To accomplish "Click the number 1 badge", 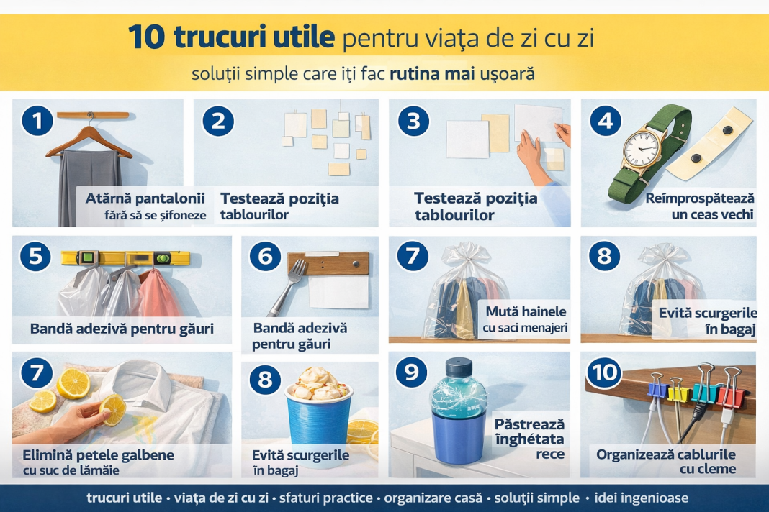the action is [x=37, y=121].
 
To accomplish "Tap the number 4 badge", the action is [x=606, y=121].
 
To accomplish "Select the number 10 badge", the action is [x=604, y=372].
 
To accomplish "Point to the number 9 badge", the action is [x=411, y=372].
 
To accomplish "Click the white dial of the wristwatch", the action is [x=641, y=149].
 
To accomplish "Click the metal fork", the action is [x=287, y=288].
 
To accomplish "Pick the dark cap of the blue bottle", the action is [x=459, y=367].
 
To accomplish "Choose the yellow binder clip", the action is [x=678, y=390].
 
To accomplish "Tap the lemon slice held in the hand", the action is [x=113, y=410].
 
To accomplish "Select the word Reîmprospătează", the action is [x=699, y=198].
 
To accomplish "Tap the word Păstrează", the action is [x=529, y=424].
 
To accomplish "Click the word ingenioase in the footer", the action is [x=642, y=498].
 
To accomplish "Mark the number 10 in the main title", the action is [x=147, y=37].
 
